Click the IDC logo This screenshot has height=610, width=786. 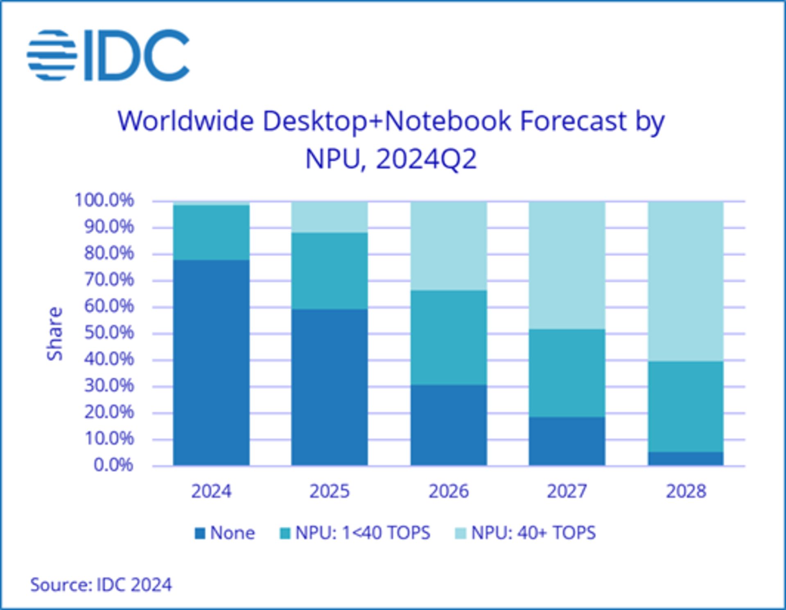[108, 55]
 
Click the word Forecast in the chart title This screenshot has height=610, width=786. [573, 121]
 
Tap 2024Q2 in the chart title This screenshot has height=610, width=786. [426, 159]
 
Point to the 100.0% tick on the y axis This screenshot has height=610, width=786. [104, 200]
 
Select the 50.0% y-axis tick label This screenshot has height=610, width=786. [109, 333]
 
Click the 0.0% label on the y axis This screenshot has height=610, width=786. [113, 465]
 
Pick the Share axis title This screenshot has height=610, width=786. [55, 334]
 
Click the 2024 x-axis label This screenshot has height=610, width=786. [211, 491]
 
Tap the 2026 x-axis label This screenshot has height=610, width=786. [448, 491]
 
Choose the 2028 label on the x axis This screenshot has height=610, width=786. [686, 491]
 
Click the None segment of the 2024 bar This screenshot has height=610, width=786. [211, 362]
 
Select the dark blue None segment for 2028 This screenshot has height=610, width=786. [686, 459]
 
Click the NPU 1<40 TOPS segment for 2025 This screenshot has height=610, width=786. [330, 271]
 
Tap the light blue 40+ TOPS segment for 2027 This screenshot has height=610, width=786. [567, 265]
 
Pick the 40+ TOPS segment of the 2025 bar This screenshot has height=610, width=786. [330, 217]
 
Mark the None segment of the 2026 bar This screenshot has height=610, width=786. [449, 425]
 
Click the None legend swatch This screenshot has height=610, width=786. [200, 533]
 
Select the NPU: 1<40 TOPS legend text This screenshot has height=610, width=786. [363, 533]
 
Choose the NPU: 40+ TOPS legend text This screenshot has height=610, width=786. [533, 533]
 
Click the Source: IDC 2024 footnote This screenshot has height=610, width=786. [101, 585]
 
